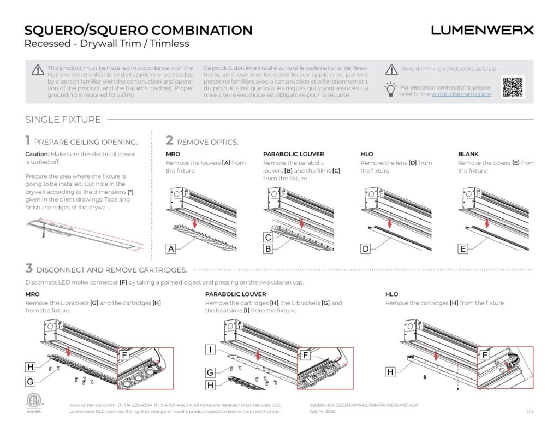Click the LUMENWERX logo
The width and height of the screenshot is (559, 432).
(x=482, y=31)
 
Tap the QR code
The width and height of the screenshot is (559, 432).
(x=513, y=87)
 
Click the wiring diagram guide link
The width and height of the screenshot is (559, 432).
(x=461, y=94)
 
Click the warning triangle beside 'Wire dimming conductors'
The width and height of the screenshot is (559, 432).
(x=391, y=70)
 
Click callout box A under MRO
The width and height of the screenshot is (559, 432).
(x=171, y=250)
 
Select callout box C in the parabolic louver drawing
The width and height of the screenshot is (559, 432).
(x=269, y=238)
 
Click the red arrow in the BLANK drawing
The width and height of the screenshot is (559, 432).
(x=486, y=223)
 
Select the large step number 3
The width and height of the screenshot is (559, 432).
(x=29, y=268)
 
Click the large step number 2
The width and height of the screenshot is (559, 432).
(x=170, y=140)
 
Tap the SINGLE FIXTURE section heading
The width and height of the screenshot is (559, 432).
(x=63, y=120)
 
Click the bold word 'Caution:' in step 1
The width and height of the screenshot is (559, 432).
(x=37, y=154)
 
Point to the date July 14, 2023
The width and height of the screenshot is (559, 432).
(x=323, y=412)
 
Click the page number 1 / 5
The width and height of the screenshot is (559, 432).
(x=530, y=412)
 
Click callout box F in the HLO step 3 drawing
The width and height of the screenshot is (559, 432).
(x=485, y=355)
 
